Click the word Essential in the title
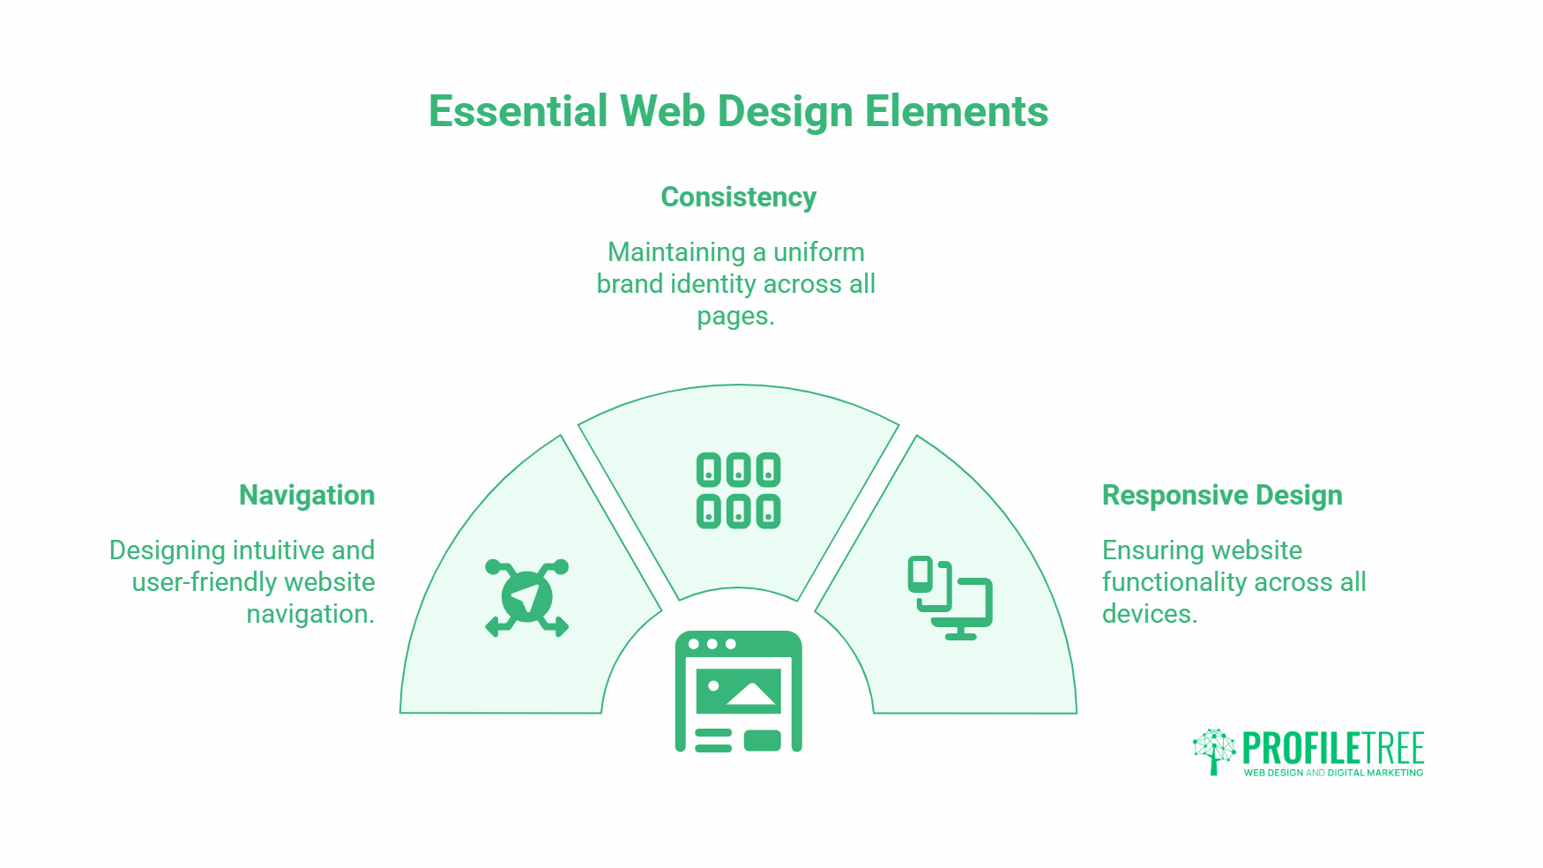(x=518, y=112)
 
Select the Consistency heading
(x=739, y=198)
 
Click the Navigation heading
(x=307, y=496)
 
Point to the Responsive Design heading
(x=1222, y=496)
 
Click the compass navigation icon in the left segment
(x=527, y=598)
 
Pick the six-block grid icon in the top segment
(x=739, y=490)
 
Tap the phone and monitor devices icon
(x=950, y=598)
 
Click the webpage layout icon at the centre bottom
(x=739, y=692)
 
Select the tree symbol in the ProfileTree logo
(x=1214, y=752)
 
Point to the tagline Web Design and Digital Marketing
(x=1333, y=773)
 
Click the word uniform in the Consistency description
(x=818, y=252)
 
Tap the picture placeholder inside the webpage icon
(x=739, y=691)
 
